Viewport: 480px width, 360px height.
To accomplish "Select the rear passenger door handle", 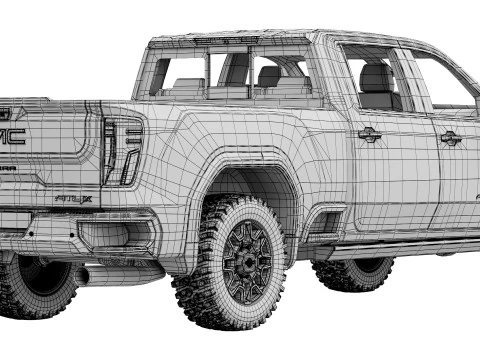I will [369, 134].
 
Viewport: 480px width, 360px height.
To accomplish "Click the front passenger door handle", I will [451, 137].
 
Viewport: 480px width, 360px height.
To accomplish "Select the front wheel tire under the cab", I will [354, 273].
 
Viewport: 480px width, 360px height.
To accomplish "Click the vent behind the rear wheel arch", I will [324, 223].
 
